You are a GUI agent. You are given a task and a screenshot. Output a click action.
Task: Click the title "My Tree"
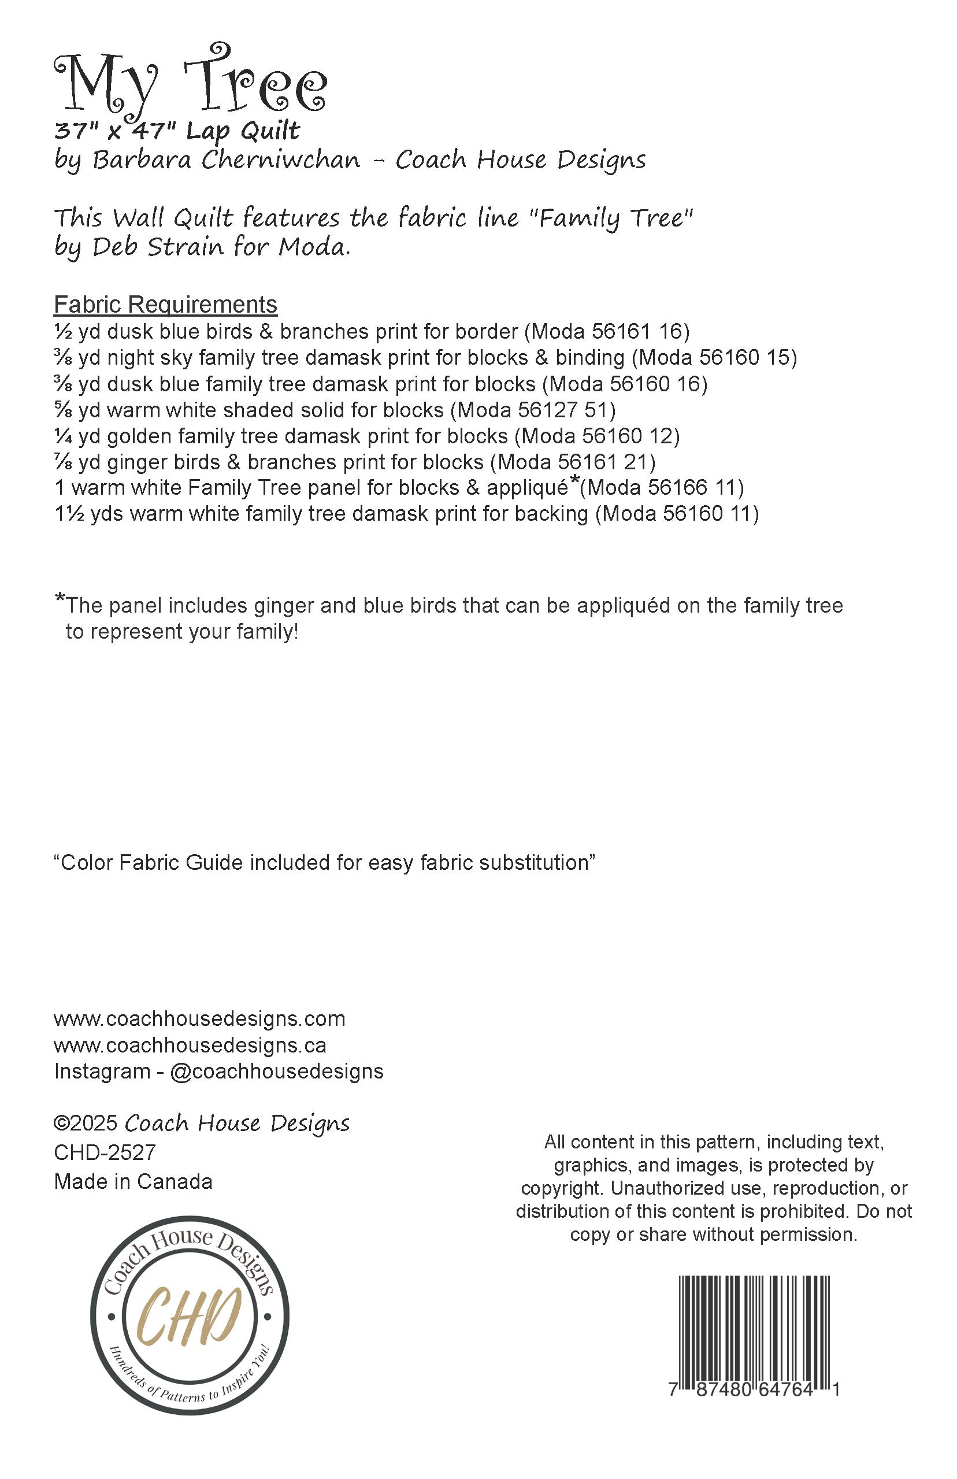(190, 84)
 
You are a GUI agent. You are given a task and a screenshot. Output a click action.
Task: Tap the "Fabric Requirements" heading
(165, 305)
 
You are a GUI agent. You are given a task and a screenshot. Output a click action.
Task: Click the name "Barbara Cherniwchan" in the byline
(226, 160)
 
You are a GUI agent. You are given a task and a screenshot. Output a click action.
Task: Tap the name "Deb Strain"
(158, 247)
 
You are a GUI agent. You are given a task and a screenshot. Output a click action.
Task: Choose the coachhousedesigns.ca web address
(190, 1046)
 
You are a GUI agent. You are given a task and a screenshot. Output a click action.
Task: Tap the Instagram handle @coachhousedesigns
(277, 1072)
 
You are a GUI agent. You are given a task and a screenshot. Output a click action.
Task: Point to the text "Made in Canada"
(133, 1181)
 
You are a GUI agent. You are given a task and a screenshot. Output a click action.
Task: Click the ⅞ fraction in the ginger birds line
(63, 462)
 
